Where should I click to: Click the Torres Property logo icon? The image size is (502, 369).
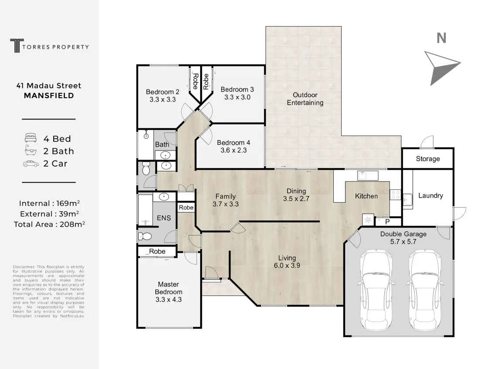click(17, 45)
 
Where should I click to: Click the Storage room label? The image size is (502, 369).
click(428, 159)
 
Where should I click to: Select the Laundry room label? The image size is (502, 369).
click(430, 195)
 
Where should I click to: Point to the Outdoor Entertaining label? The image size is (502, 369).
click(305, 99)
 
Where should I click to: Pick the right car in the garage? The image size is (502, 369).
click(424, 290)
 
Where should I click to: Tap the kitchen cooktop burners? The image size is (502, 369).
click(395, 195)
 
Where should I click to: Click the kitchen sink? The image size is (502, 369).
click(368, 176)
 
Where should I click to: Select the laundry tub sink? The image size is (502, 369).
click(407, 200)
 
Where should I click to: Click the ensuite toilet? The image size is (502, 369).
click(145, 236)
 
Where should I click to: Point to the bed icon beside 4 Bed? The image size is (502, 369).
click(31, 138)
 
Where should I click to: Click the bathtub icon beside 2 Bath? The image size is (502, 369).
click(31, 150)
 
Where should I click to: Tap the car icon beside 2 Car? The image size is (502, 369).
click(31, 164)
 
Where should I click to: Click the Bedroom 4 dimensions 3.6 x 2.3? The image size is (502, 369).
click(233, 150)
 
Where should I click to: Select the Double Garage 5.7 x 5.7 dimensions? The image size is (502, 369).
click(403, 242)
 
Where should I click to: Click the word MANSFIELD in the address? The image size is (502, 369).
click(49, 96)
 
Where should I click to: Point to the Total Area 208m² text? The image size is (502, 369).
click(49, 224)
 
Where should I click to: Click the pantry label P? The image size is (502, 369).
click(387, 222)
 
